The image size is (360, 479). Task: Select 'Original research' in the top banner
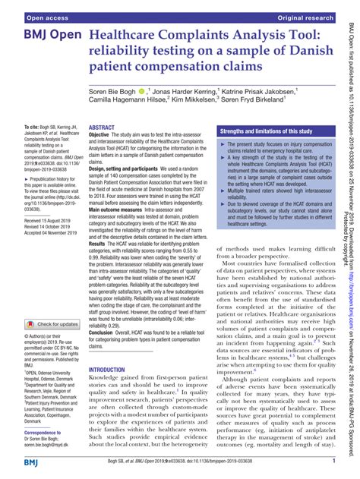click(305, 7)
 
